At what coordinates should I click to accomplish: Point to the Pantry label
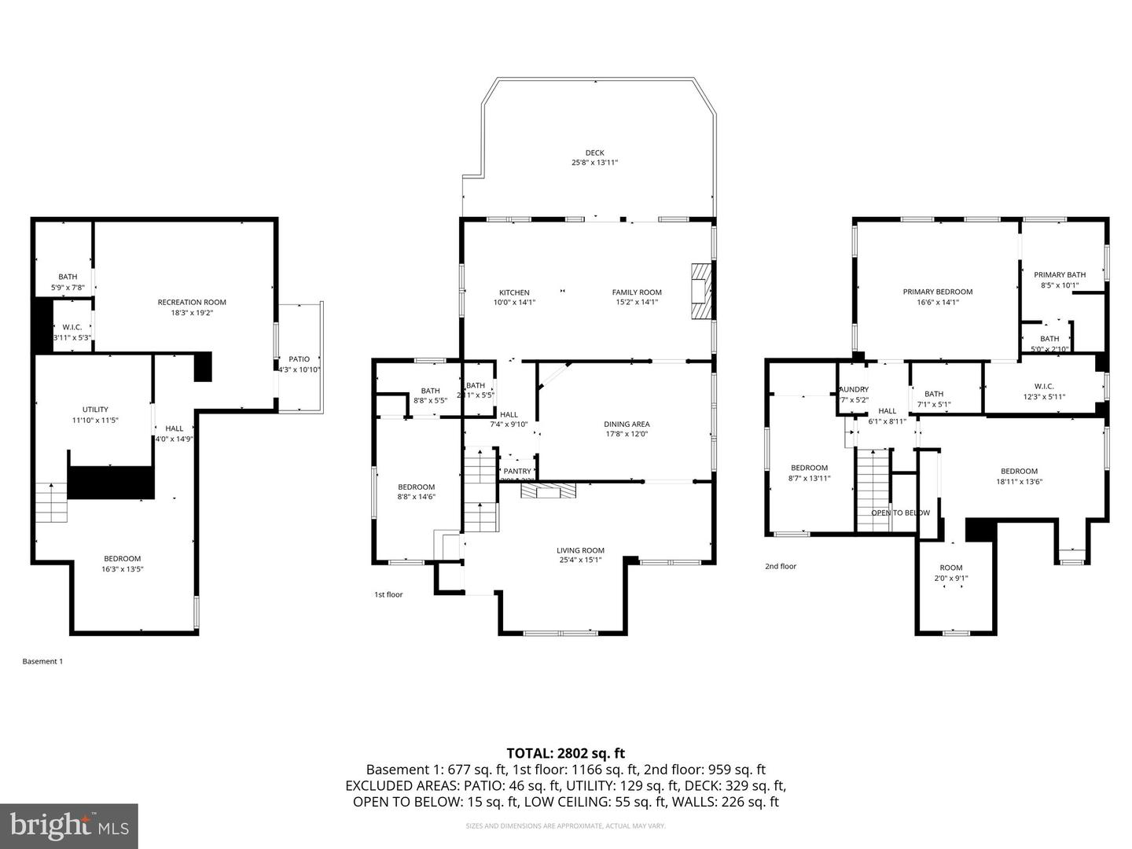pyautogui.click(x=517, y=472)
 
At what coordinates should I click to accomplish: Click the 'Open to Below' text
pyautogui.click(x=900, y=513)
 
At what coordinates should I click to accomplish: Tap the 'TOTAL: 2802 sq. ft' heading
pyautogui.click(x=565, y=753)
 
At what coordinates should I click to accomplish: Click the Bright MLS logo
pyautogui.click(x=69, y=825)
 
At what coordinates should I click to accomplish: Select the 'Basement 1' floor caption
pyautogui.click(x=42, y=661)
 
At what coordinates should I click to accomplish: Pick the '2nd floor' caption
pyautogui.click(x=781, y=566)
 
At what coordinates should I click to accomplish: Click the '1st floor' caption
pyautogui.click(x=388, y=594)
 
